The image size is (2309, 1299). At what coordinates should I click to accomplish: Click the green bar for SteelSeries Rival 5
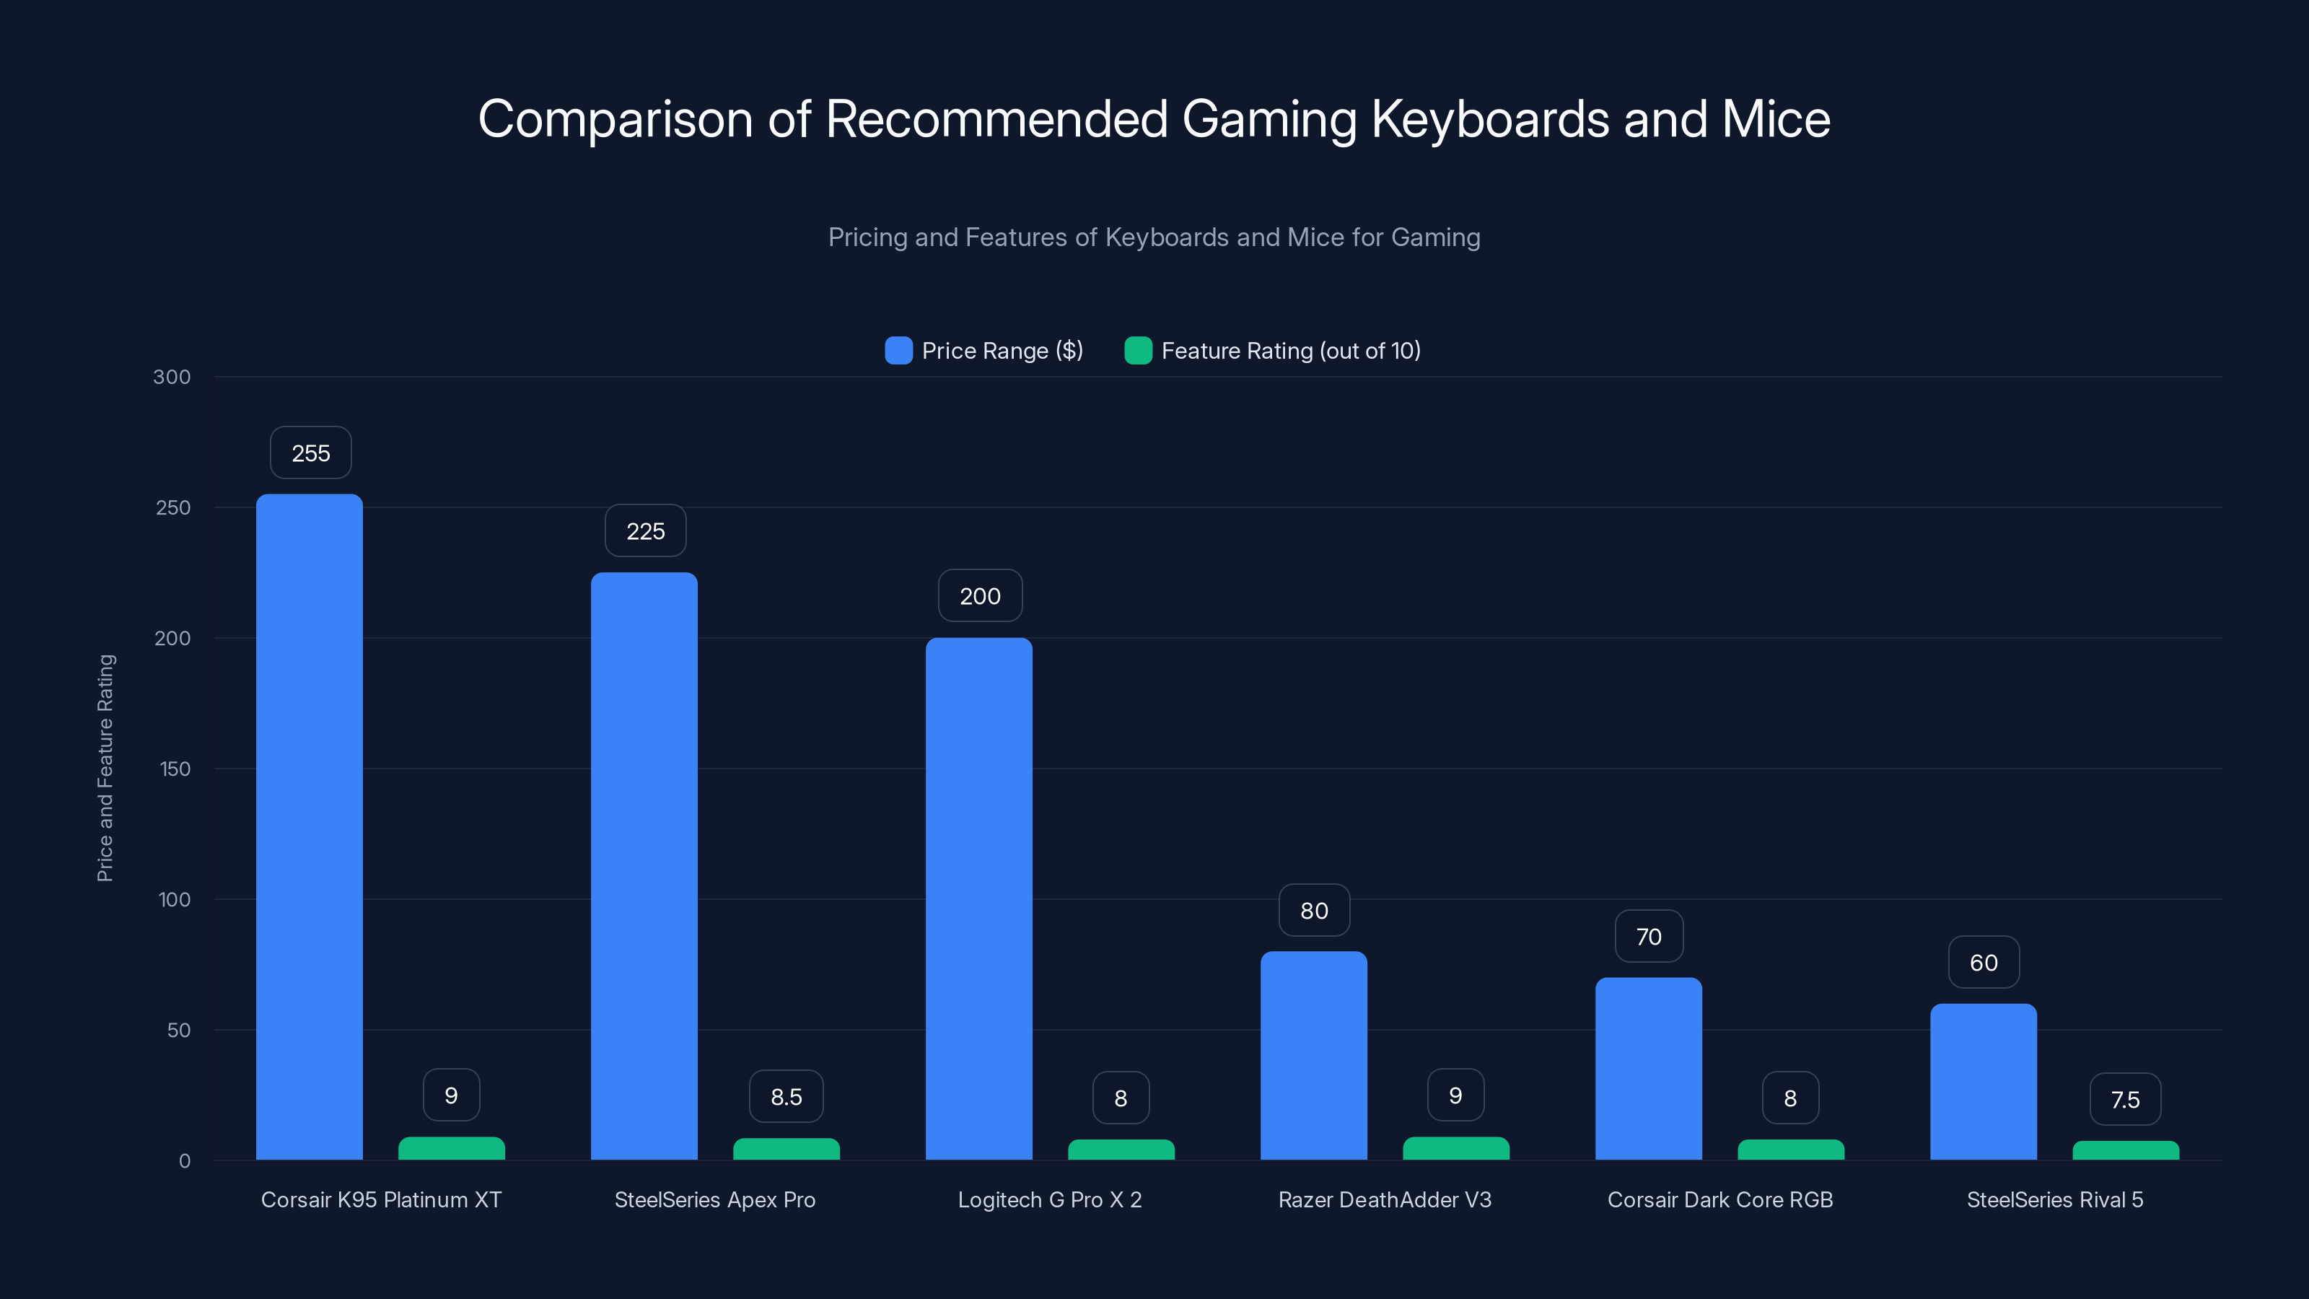click(2125, 1150)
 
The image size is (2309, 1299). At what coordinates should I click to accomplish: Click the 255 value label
click(310, 452)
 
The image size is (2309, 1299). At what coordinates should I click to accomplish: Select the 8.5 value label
click(786, 1096)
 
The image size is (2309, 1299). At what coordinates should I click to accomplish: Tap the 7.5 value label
click(2125, 1099)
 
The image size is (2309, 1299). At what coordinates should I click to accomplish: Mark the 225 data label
click(645, 530)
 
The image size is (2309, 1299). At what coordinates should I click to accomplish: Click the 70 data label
click(1648, 937)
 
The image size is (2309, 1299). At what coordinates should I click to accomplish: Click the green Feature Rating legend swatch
click(1137, 351)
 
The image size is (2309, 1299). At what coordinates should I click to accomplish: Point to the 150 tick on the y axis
click(175, 769)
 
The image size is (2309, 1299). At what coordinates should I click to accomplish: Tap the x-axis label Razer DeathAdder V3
click(1385, 1199)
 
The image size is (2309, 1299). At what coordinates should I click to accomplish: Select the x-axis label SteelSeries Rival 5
click(2054, 1199)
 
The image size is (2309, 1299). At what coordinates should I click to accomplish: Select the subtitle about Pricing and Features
click(1154, 237)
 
